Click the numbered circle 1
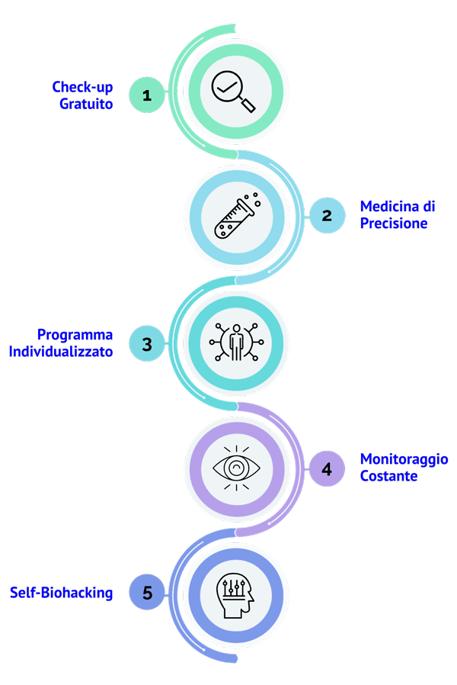point(146,95)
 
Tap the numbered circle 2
point(327,215)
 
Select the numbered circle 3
point(146,343)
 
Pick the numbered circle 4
point(327,468)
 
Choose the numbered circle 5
point(146,593)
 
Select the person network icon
point(237,342)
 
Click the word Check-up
point(82,87)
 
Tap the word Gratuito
point(86,103)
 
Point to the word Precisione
point(393,224)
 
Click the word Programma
point(75,335)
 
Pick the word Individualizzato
point(61,352)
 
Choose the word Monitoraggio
point(404,459)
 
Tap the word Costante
point(388,476)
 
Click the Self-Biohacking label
point(61,593)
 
